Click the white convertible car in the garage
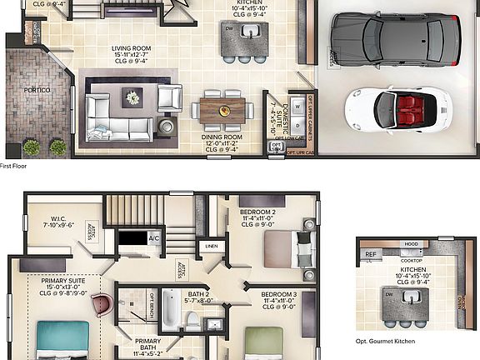tap(398, 111)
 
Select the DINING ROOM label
tap(221, 137)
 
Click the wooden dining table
tap(223, 109)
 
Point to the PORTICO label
tap(35, 89)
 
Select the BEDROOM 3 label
tap(279, 296)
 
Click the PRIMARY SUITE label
tap(62, 282)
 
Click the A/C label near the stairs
tap(153, 238)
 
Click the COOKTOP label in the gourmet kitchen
tap(411, 260)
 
